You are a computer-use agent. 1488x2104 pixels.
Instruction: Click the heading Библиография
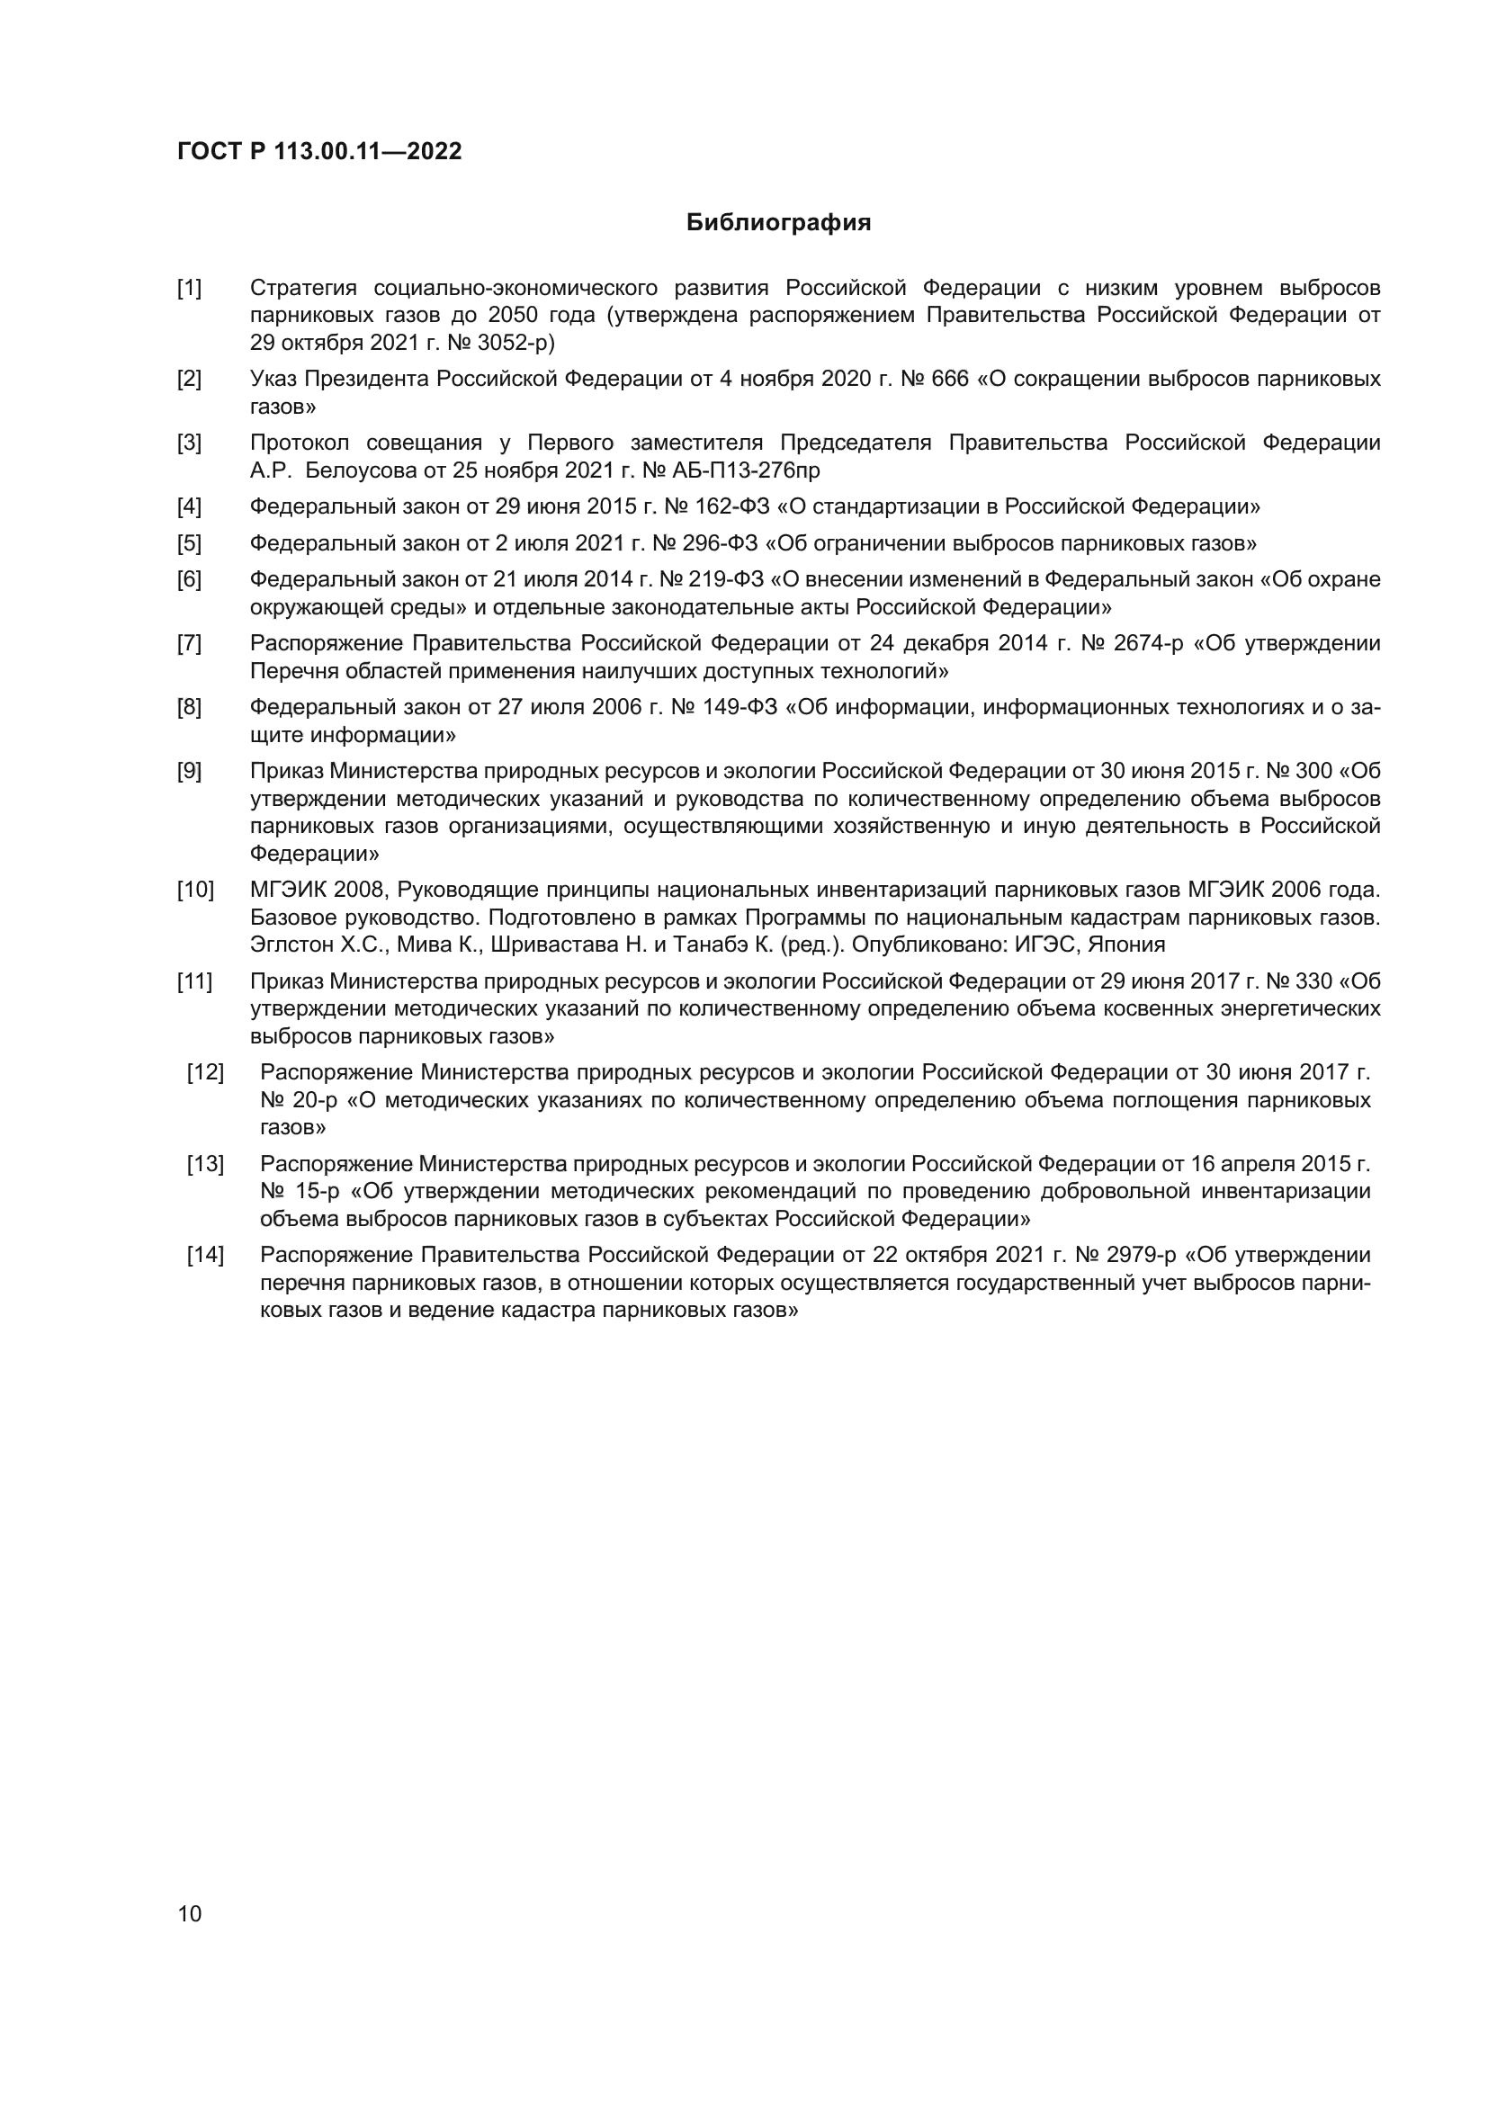[778, 223]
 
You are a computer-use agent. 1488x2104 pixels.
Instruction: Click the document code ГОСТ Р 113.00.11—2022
[319, 151]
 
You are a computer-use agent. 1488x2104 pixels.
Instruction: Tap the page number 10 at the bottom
[190, 1913]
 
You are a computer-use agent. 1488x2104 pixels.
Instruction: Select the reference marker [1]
[190, 289]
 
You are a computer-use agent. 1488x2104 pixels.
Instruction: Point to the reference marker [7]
[190, 643]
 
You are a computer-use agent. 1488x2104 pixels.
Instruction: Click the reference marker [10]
[195, 890]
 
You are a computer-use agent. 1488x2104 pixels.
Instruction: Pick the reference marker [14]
[205, 1256]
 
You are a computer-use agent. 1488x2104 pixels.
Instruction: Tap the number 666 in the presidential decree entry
[950, 380]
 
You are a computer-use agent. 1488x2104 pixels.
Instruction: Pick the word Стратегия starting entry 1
[303, 289]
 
